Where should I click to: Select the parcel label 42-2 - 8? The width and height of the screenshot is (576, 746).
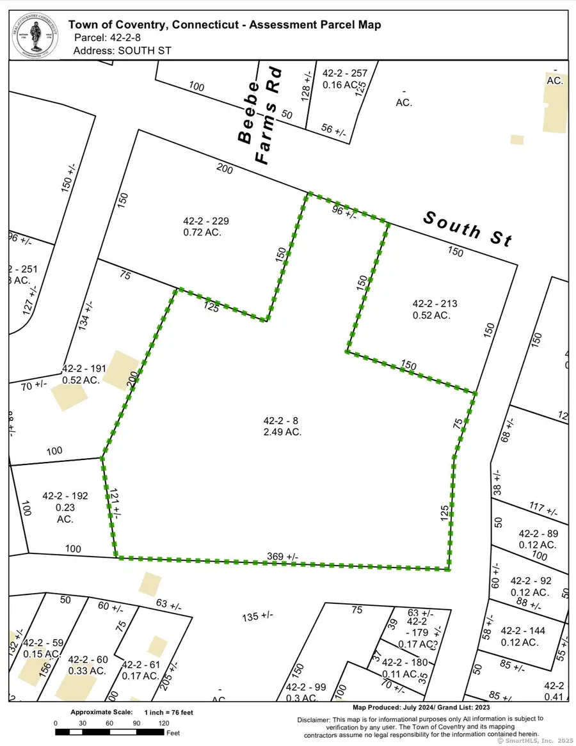click(282, 421)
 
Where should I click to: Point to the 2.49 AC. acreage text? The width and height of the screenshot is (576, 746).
click(282, 433)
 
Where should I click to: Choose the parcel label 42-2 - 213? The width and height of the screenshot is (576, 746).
click(435, 303)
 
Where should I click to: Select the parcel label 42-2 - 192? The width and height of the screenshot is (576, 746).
click(65, 496)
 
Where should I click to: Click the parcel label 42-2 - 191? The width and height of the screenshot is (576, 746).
click(83, 369)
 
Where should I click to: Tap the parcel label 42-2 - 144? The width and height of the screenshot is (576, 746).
click(523, 630)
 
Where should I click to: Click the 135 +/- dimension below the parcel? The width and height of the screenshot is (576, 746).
click(258, 615)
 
